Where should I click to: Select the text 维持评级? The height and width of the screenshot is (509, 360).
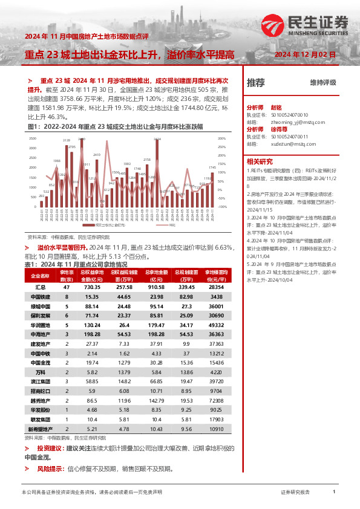(322, 82)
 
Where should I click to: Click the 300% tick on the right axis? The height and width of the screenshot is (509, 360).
(221, 138)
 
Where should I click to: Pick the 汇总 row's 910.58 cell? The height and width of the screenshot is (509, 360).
(157, 288)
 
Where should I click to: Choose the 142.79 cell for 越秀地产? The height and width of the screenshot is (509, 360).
(157, 400)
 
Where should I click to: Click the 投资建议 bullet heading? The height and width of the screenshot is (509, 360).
(49, 448)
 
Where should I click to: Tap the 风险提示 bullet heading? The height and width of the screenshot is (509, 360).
(49, 469)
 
